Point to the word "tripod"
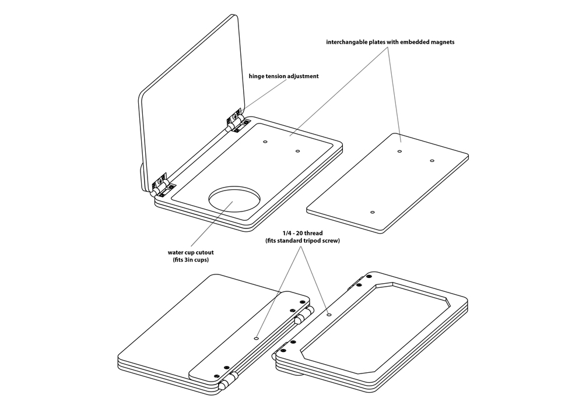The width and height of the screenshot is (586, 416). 318,241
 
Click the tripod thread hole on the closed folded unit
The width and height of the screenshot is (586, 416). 257,337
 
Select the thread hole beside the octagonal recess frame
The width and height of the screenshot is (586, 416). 329,315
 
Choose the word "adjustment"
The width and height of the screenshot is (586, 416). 300,76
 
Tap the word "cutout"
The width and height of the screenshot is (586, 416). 203,252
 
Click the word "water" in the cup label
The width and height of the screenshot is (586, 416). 176,252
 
